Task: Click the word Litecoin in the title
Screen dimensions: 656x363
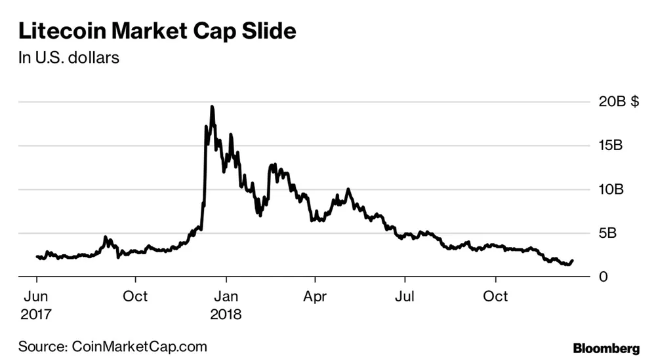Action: click(x=62, y=31)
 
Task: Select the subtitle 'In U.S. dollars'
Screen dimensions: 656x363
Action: click(x=69, y=58)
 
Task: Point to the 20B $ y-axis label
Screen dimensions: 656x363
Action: click(x=619, y=101)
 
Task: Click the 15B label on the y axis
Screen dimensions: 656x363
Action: click(x=611, y=145)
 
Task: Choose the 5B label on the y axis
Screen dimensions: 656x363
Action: click(x=607, y=233)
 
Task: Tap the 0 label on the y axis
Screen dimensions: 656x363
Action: click(x=603, y=277)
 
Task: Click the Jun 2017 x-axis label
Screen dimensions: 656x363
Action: click(x=36, y=305)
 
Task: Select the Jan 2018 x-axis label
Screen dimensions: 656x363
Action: click(x=226, y=305)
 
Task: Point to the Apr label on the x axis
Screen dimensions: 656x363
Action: click(x=315, y=297)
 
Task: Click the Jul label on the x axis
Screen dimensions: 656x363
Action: click(x=405, y=297)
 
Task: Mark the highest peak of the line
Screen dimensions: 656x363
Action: click(x=212, y=107)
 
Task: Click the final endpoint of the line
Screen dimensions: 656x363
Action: click(x=572, y=261)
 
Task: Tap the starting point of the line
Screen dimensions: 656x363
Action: click(x=37, y=256)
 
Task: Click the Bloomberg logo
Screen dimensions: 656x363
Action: click(x=606, y=349)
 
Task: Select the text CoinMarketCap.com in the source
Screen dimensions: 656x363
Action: click(x=139, y=346)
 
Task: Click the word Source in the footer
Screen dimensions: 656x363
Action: click(x=43, y=346)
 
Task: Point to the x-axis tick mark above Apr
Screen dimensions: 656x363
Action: click(x=315, y=280)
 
